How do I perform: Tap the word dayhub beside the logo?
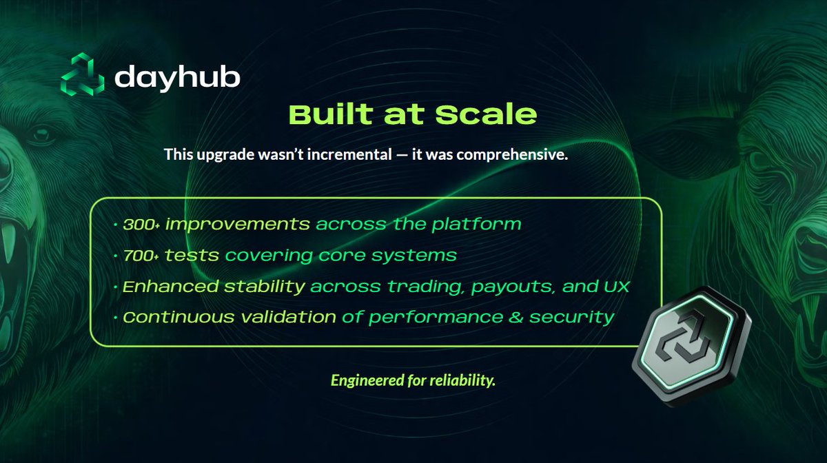tap(177, 77)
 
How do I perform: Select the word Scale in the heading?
tap(487, 114)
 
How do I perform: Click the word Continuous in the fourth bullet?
tap(176, 318)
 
